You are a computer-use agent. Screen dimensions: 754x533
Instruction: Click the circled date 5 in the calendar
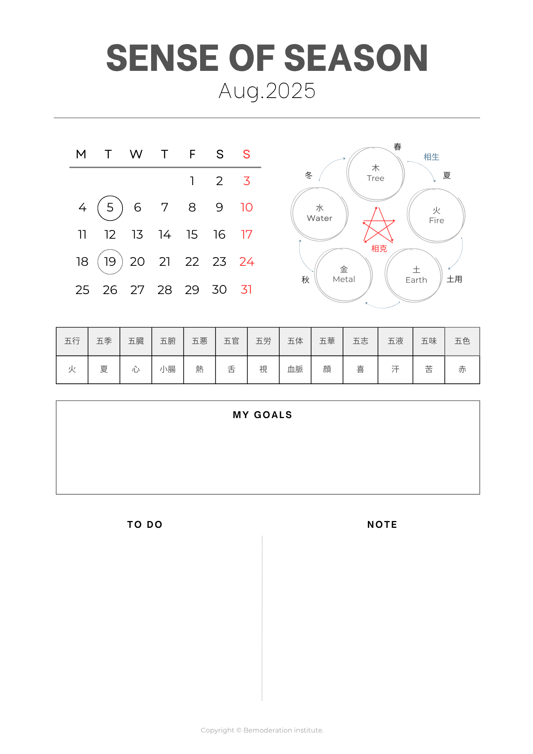click(x=110, y=208)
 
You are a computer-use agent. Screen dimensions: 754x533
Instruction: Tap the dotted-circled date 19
click(x=110, y=262)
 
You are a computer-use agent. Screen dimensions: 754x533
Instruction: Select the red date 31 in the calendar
click(x=246, y=290)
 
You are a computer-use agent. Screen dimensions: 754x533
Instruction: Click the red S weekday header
click(x=247, y=154)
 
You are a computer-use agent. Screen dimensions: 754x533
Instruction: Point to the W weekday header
click(x=136, y=154)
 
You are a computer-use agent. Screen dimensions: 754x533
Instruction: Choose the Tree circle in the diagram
click(x=375, y=174)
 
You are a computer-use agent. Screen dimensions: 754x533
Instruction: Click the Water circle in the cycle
click(x=320, y=214)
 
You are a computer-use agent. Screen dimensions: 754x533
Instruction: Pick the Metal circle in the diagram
click(x=344, y=275)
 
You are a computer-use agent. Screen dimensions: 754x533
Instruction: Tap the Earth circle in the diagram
click(x=414, y=275)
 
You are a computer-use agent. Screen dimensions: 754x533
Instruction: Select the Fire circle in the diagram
click(x=436, y=216)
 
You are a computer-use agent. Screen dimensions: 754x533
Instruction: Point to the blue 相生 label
click(x=431, y=157)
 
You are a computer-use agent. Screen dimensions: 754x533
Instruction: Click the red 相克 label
click(x=379, y=249)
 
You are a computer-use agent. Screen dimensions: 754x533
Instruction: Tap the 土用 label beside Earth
click(x=454, y=279)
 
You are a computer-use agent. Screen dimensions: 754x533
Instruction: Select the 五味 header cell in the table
click(x=429, y=341)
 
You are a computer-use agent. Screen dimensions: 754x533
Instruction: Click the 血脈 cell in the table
click(x=295, y=369)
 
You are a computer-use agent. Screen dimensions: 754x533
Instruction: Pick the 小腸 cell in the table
click(x=168, y=369)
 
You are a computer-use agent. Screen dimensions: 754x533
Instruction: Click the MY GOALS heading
click(x=262, y=415)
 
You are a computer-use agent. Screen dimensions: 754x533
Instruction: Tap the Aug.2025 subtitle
click(x=267, y=91)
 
